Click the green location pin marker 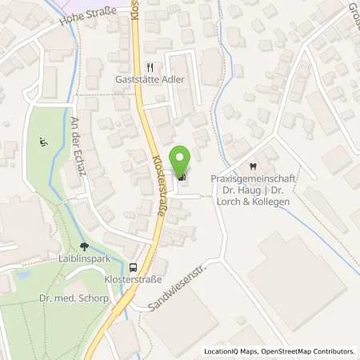tap(182, 161)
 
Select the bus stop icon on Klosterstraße tap(134, 268)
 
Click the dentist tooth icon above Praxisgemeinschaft tap(252, 166)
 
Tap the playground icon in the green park tap(42, 144)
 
